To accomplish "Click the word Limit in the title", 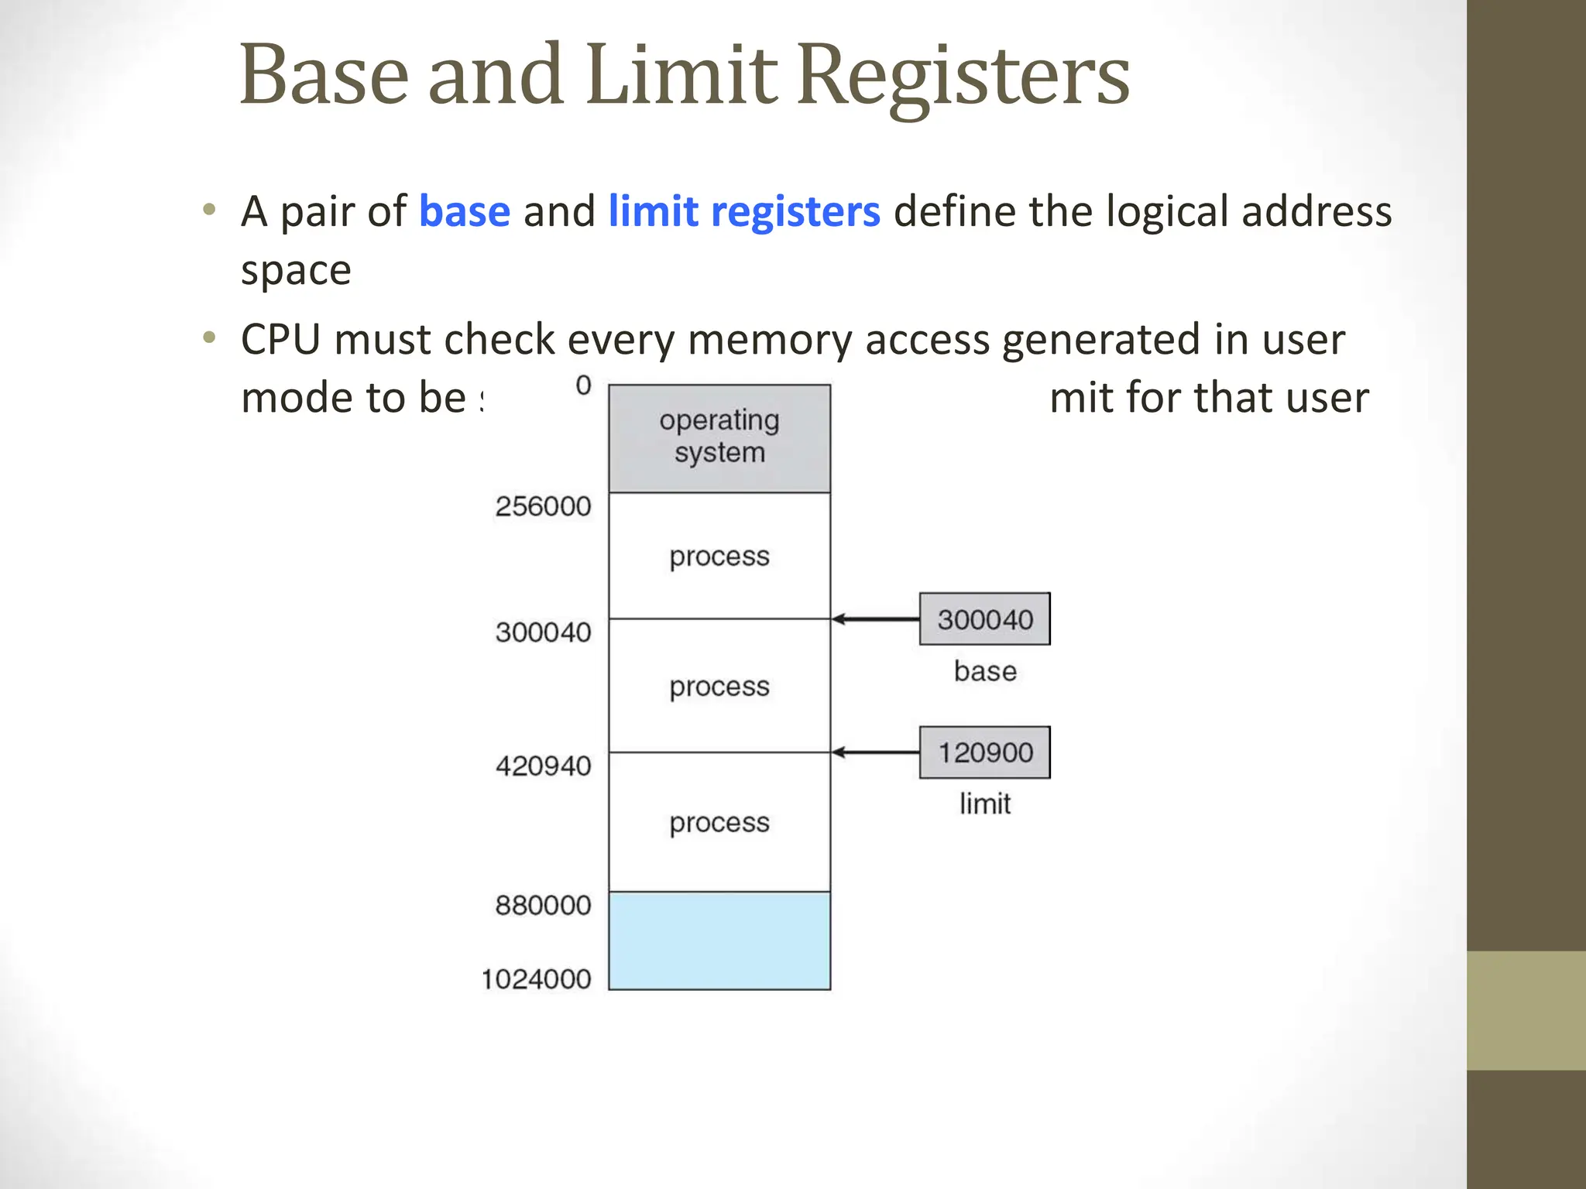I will pos(681,76).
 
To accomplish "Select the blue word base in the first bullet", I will pos(464,211).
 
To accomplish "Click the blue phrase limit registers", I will pos(743,211).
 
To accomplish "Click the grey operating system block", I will pos(719,438).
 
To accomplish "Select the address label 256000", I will pos(543,506).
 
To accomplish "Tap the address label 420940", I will pos(543,766).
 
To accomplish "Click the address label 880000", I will pos(543,905).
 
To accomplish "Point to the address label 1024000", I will pos(536,979).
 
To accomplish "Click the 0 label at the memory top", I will pos(583,385).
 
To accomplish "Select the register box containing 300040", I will pos(984,619).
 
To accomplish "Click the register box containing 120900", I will pos(984,752).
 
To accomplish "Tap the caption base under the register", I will pos(984,671).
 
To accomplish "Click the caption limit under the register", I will pos(984,804).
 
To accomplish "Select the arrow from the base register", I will pos(875,619).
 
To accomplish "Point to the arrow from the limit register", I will pos(875,752).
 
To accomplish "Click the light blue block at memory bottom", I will pos(719,941).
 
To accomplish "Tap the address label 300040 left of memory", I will pos(543,632).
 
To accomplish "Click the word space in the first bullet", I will pos(296,271).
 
